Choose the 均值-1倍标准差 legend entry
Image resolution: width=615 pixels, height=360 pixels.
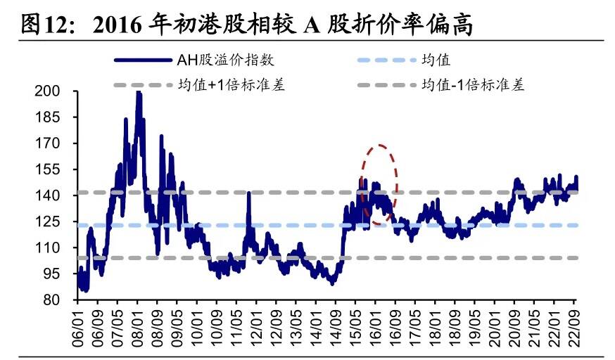472,86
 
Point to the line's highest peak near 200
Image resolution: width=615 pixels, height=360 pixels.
138,94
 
